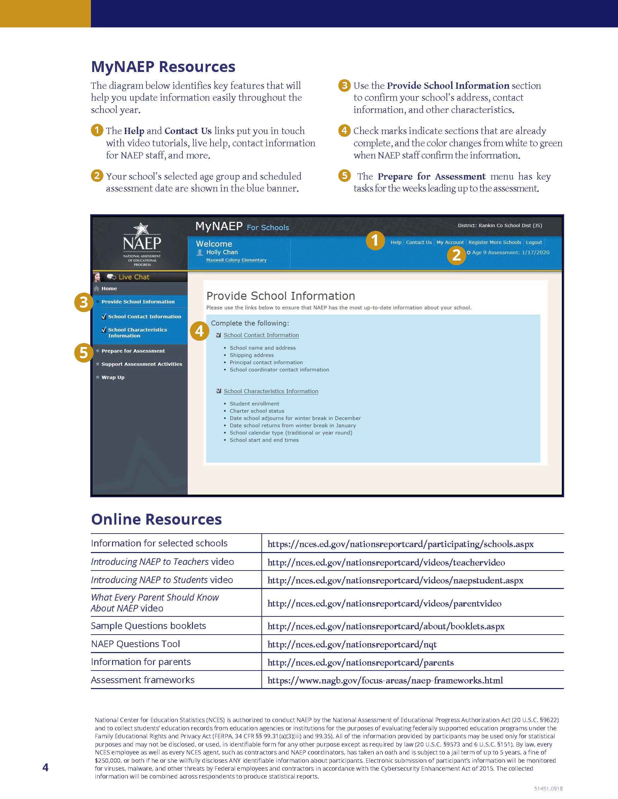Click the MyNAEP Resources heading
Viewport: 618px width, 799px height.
(163, 67)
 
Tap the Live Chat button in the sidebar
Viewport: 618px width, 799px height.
(133, 277)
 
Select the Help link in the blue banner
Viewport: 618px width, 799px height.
(396, 242)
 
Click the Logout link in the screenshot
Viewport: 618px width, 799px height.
(534, 242)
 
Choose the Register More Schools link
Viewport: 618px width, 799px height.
(495, 242)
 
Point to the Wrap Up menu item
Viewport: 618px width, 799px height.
(113, 377)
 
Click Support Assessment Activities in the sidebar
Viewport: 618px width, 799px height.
(141, 364)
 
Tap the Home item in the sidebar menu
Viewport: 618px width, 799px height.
(109, 288)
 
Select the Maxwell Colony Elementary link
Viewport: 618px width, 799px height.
(236, 260)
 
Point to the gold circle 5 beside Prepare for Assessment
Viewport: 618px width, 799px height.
(84, 353)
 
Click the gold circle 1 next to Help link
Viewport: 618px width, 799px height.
(375, 240)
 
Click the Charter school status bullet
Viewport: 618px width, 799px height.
(257, 411)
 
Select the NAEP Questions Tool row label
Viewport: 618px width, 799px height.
(135, 644)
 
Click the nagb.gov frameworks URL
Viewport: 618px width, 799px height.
(385, 680)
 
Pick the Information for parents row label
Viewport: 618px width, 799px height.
(141, 662)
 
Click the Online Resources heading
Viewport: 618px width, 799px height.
(156, 519)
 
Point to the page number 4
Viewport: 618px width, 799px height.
(45, 767)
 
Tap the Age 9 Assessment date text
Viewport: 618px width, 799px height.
(510, 253)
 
